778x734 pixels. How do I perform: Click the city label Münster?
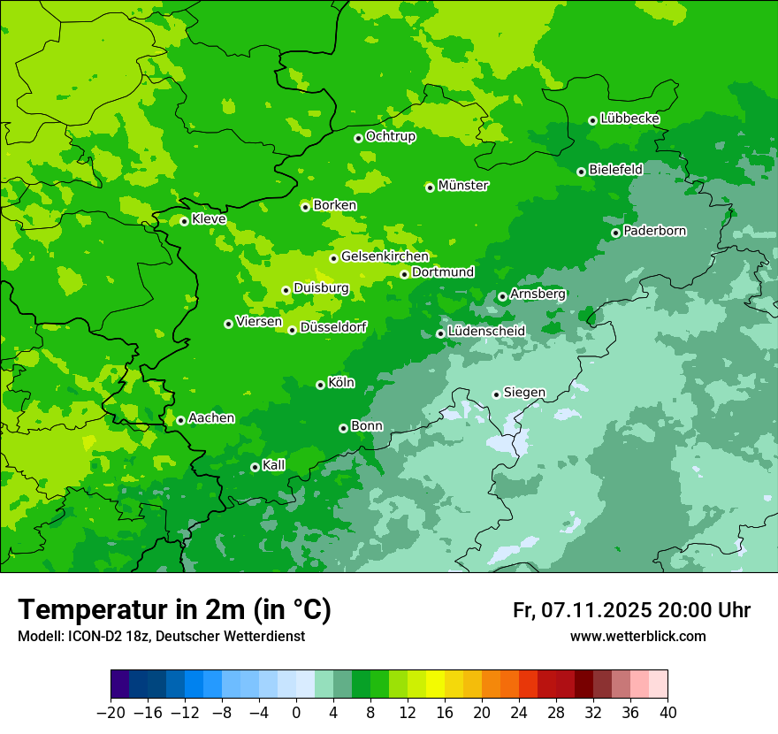463,186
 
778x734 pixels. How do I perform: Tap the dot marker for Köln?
320,385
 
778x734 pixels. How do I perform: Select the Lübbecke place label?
629,119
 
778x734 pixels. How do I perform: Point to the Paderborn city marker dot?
615,233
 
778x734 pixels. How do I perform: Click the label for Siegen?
524,393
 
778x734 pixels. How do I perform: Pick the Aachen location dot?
180,420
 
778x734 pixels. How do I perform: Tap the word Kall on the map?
274,465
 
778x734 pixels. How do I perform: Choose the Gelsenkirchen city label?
385,256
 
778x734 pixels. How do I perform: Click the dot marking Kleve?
184,221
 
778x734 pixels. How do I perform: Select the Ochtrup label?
390,136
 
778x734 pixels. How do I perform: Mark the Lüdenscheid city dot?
440,333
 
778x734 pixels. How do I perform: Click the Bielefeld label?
615,169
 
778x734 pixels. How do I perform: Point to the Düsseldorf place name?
333,327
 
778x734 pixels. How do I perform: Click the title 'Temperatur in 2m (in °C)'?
174,609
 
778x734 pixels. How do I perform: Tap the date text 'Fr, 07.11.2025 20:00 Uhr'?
631,610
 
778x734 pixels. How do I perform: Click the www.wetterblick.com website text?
637,636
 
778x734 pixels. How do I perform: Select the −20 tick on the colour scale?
111,712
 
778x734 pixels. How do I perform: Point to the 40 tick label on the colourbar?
667,712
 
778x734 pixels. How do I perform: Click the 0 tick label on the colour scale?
296,712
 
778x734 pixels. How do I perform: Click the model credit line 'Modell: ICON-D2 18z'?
161,636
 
